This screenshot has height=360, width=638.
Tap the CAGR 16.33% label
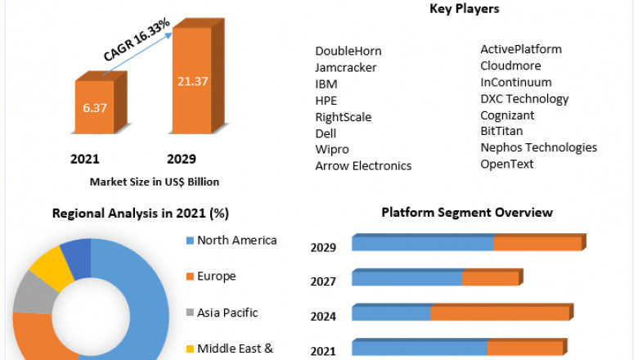coord(137,38)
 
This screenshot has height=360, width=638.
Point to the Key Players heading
coord(465,9)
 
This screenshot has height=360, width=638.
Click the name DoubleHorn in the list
coord(348,51)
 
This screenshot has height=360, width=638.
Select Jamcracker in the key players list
coord(346,67)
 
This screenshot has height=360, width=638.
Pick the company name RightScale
coord(344,117)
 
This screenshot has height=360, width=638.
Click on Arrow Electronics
coord(363,166)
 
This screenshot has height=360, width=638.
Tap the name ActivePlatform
coord(521,49)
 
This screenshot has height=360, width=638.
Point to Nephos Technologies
coord(538,148)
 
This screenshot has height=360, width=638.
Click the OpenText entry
coord(507,164)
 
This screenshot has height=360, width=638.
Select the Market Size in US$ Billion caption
coord(155,182)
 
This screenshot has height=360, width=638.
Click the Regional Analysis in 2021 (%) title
coord(141,214)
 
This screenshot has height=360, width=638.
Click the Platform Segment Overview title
coord(467,213)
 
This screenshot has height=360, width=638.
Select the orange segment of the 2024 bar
coord(500,313)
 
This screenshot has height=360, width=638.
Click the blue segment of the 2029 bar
coord(422,244)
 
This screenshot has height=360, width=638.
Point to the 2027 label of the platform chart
coord(324,281)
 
